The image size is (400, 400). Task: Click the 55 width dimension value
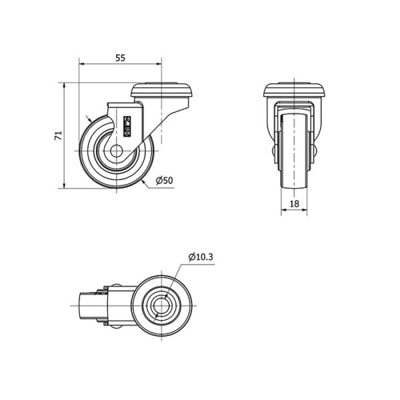pyautogui.click(x=121, y=58)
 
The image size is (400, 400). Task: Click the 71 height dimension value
pyautogui.click(x=59, y=135)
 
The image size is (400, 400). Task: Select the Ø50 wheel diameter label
pyautogui.click(x=164, y=181)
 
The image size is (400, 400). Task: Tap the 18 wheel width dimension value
pyautogui.click(x=295, y=203)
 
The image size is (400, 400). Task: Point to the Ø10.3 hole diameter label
pyautogui.click(x=201, y=257)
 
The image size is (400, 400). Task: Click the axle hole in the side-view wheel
pyautogui.click(x=116, y=151)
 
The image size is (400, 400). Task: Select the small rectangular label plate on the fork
pyautogui.click(x=127, y=126)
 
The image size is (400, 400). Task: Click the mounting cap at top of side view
pyautogui.click(x=162, y=90)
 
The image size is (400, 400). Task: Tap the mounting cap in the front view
pyautogui.click(x=295, y=90)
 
